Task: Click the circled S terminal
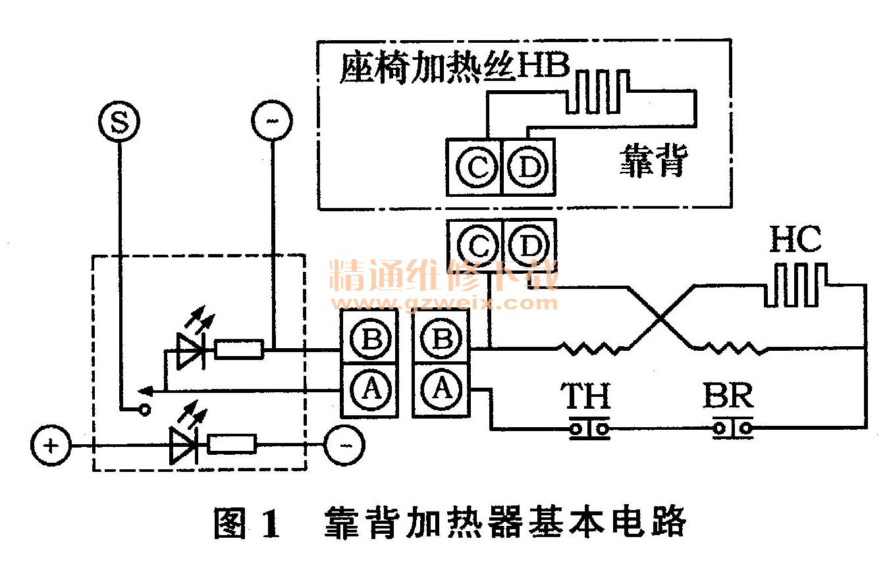coord(119,122)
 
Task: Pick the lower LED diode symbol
coord(183,445)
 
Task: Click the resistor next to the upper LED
coord(239,350)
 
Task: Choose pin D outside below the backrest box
coord(529,246)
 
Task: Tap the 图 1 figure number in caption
coord(247,523)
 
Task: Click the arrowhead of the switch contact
coord(149,392)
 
